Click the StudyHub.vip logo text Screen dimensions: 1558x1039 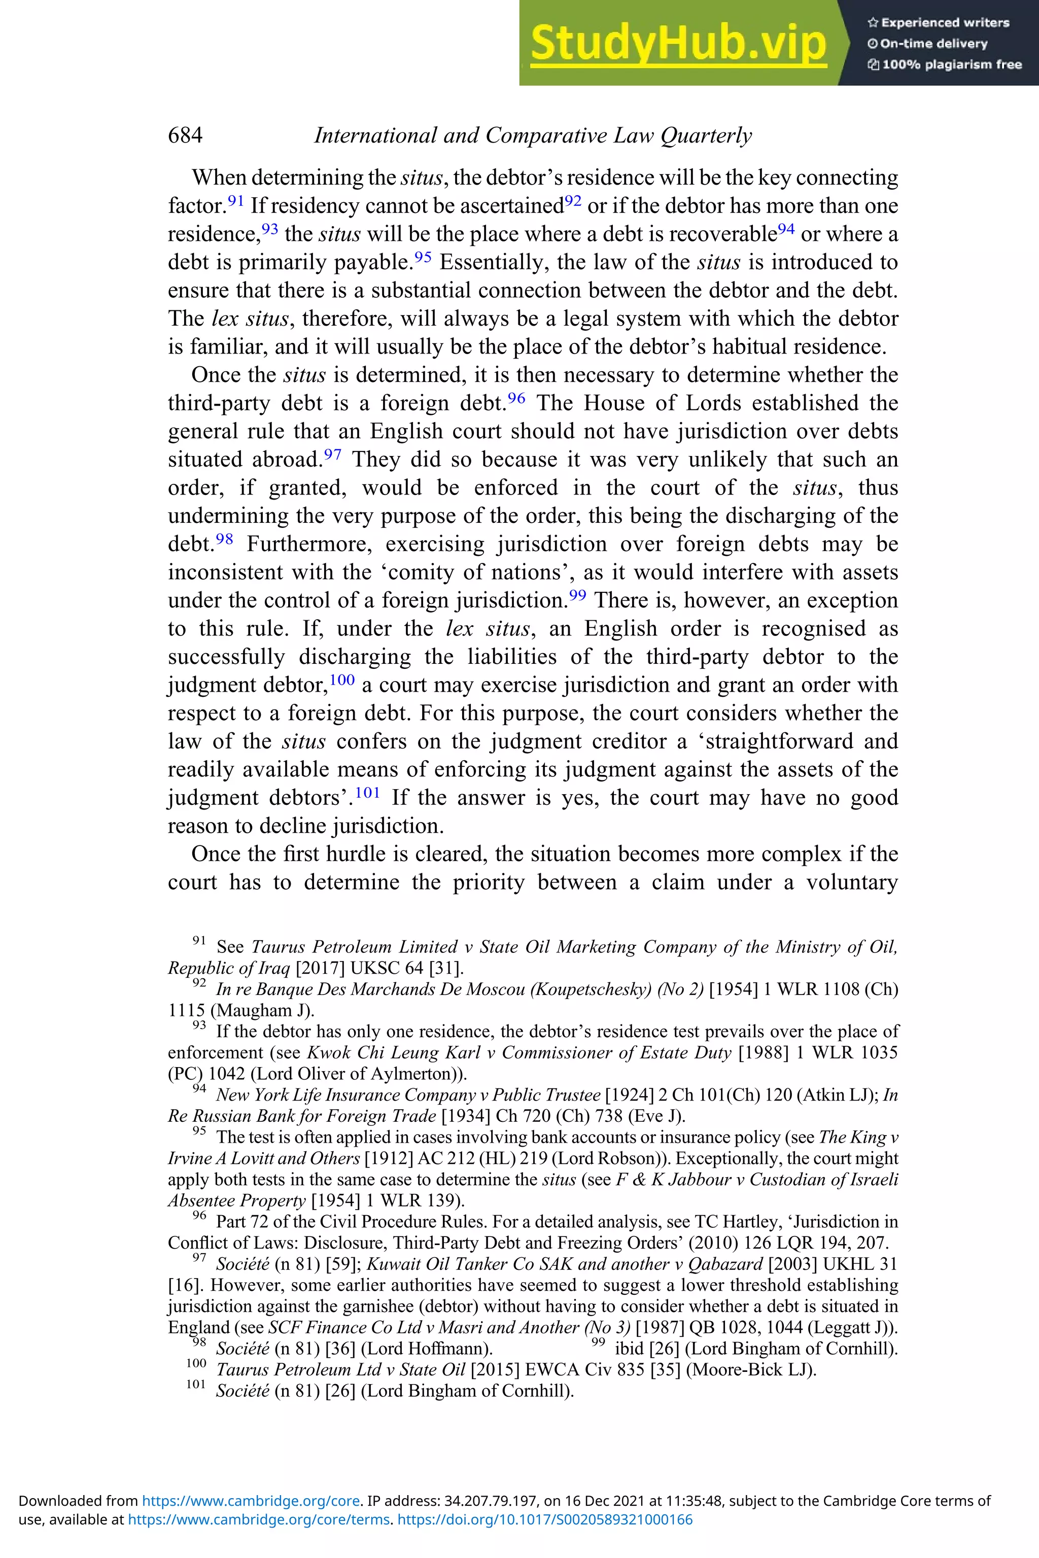[x=678, y=44]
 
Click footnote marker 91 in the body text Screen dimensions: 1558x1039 [x=236, y=199]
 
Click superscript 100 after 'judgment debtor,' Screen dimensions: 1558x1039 [x=342, y=679]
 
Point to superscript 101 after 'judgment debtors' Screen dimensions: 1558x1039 [x=368, y=792]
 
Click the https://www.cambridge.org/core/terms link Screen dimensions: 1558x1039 [x=258, y=1519]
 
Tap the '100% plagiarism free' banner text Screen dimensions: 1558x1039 [x=952, y=64]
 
